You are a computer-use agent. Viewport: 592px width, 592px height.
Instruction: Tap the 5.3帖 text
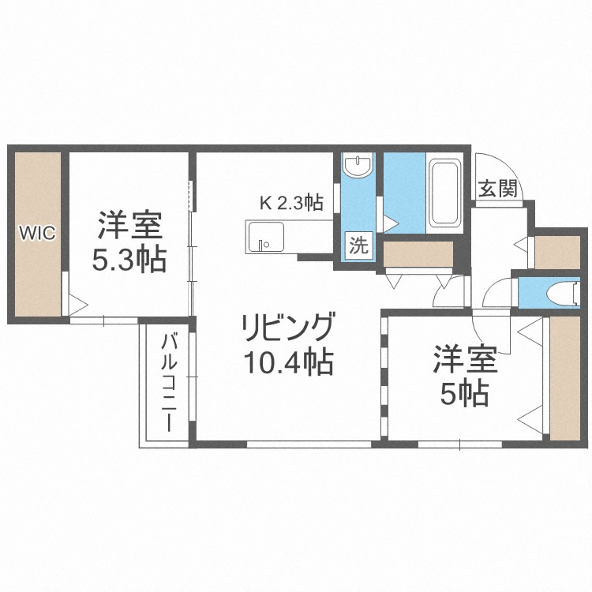pyautogui.click(x=129, y=260)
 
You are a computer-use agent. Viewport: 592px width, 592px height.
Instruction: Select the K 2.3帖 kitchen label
pyautogui.click(x=291, y=203)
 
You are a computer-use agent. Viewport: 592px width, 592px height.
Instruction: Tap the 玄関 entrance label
pyautogui.click(x=498, y=189)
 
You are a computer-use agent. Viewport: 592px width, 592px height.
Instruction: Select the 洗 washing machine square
pyautogui.click(x=359, y=245)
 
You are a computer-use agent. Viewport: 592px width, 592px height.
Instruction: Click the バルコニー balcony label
pyautogui.click(x=168, y=383)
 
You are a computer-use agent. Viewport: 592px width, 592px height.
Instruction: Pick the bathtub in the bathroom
pyautogui.click(x=445, y=193)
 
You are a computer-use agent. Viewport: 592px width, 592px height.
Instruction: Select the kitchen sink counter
pyautogui.click(x=265, y=237)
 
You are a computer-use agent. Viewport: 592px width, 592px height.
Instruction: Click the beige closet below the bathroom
pyautogui.click(x=418, y=254)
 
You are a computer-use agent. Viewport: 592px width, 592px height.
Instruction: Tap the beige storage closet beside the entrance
pyautogui.click(x=558, y=252)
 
